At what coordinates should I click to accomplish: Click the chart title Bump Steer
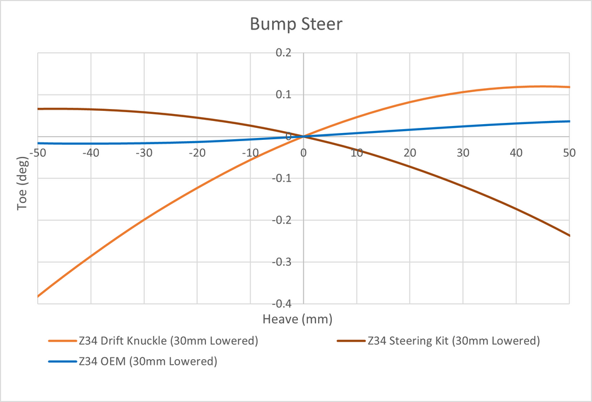296,25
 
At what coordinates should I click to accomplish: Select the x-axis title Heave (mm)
297,319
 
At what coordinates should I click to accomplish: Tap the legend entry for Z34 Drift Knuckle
153,341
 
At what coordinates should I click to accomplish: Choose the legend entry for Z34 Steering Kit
438,341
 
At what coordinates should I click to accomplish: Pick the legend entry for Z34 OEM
133,362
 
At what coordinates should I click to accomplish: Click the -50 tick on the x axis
37,153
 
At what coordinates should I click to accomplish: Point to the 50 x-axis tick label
569,153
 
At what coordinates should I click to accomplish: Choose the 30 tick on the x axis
463,153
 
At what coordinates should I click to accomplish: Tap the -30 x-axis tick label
144,153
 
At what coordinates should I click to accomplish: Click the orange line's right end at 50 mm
569,87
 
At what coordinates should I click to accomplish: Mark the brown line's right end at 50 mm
569,236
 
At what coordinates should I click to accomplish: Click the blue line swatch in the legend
62,362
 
